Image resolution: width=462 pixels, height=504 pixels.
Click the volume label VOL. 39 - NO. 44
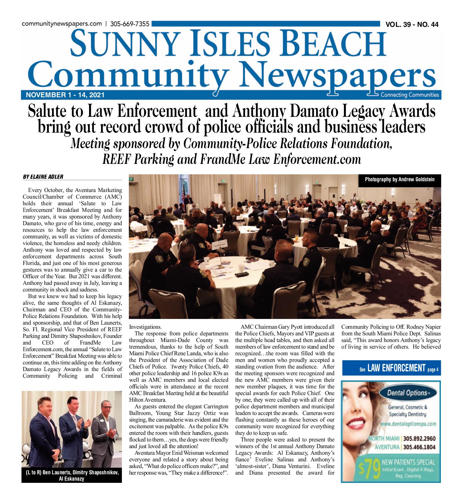412,25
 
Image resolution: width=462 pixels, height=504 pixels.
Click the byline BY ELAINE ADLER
43,177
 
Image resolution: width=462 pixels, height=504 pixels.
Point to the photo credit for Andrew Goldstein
399,179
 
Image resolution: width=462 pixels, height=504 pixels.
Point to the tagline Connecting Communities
410,95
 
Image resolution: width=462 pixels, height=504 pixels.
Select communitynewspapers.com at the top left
62,24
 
